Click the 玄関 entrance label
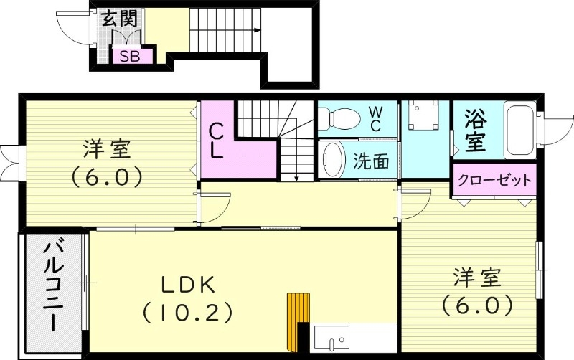pos(118,19)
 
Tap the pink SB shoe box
pos(130,56)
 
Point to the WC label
pos(375,118)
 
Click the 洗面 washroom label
pos(371,161)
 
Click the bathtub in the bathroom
pos(518,130)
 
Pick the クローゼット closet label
pos(494,179)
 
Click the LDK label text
pos(187,284)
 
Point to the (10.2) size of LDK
pos(187,312)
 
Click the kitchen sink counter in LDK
pos(331,337)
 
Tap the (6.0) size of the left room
pos(105,176)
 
